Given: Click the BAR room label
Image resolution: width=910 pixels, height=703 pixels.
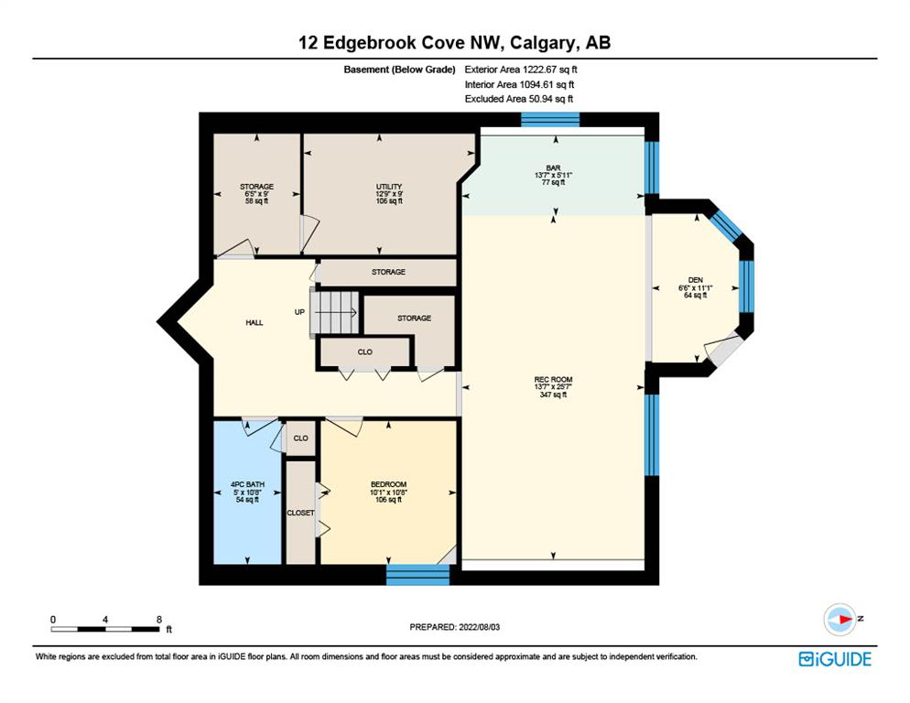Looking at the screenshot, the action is point(553,168).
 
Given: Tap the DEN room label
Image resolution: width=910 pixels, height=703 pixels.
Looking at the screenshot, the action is point(695,280).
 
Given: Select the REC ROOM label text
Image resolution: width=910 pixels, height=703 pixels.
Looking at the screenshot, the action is point(553,379).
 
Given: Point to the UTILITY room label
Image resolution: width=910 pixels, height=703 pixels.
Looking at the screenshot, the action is point(389,187).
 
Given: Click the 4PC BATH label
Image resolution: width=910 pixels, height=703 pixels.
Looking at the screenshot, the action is point(248,484).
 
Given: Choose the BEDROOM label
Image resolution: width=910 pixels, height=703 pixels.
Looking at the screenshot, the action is point(389,484).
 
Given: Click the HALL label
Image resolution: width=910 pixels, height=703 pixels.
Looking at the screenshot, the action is point(255,323).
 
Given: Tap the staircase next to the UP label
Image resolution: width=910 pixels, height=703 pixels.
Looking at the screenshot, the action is point(335,313).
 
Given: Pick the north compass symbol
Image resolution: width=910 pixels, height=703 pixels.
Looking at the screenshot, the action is point(840,620).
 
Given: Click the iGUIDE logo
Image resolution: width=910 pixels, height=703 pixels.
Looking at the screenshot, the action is point(835,659).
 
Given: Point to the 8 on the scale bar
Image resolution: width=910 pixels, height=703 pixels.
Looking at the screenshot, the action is point(159,620).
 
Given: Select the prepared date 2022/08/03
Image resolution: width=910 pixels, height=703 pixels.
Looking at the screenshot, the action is point(480,627).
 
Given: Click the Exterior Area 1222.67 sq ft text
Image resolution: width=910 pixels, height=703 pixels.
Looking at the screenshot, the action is point(521,70).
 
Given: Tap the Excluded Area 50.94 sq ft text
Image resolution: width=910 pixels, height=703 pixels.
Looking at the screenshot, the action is point(519,99).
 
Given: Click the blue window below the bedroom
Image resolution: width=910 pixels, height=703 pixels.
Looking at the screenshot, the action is point(417,575).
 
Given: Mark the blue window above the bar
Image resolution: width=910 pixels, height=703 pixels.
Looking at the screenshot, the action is point(550,120).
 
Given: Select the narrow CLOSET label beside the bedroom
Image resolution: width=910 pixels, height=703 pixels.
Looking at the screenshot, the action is point(300,514).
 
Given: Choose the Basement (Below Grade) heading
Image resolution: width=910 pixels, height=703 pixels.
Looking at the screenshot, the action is point(399,70).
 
